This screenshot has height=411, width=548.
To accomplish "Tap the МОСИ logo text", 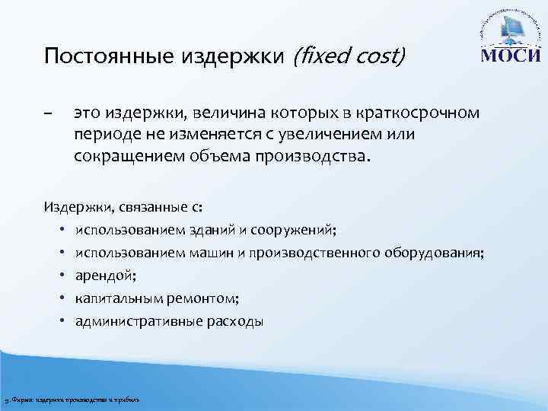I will (x=511, y=58).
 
